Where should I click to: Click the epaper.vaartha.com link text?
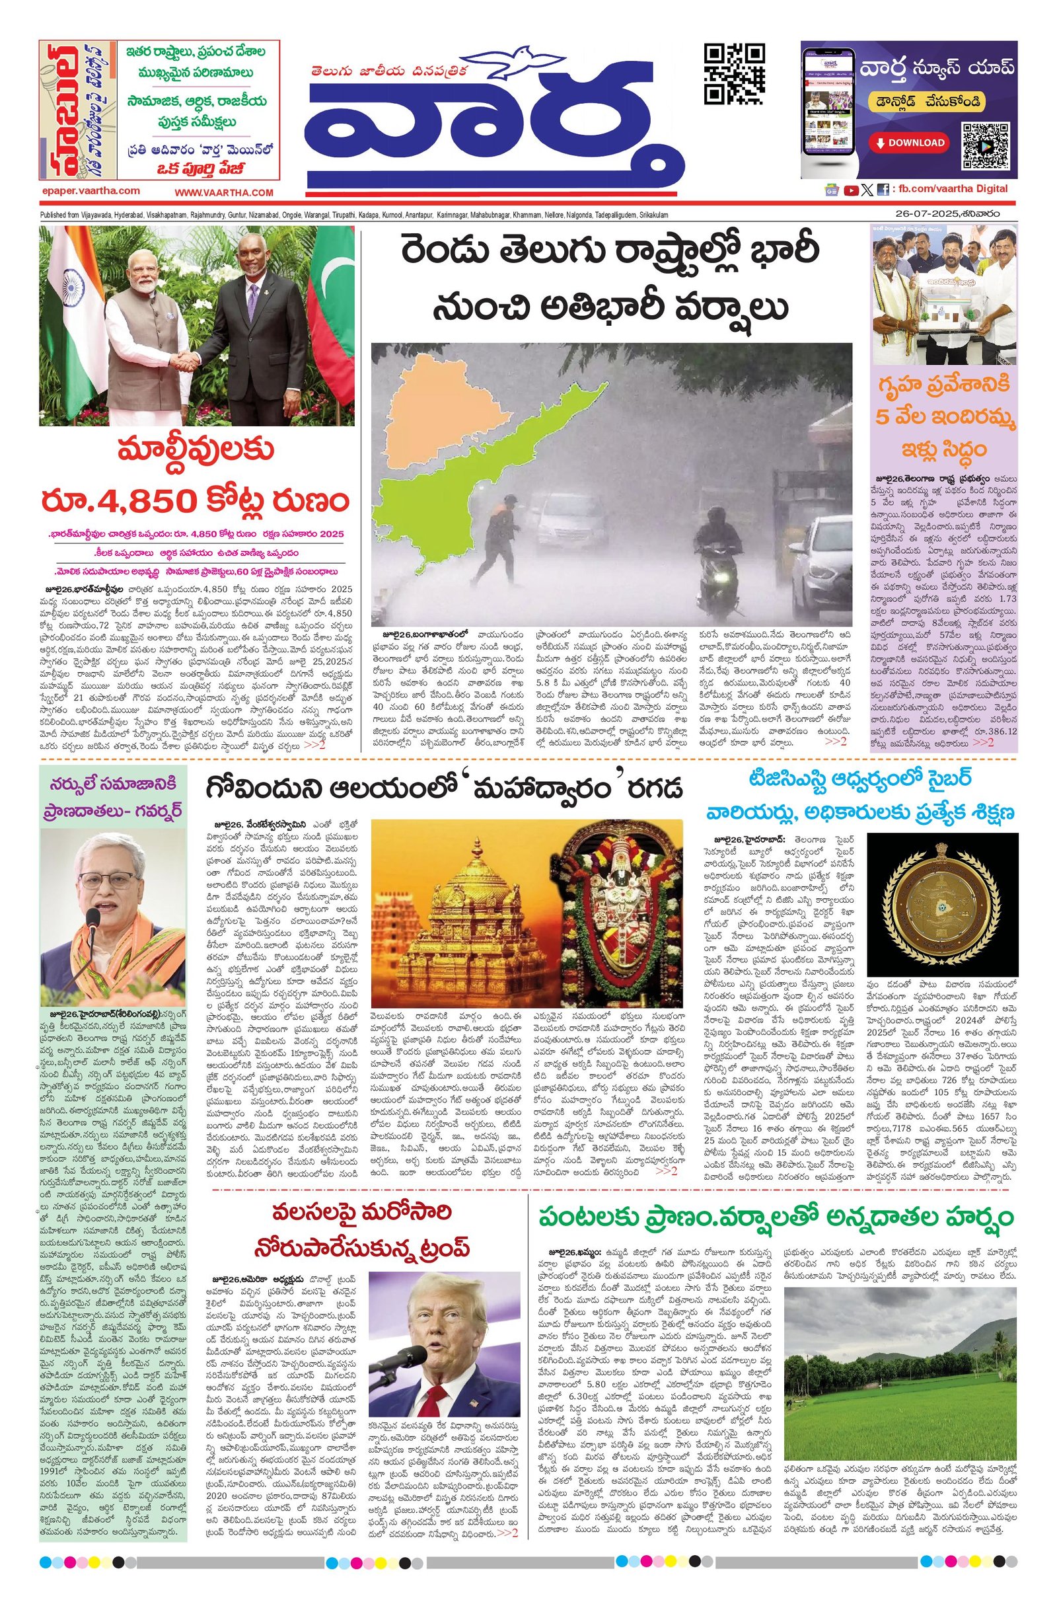click(90, 192)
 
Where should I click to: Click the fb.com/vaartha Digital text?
click(950, 189)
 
